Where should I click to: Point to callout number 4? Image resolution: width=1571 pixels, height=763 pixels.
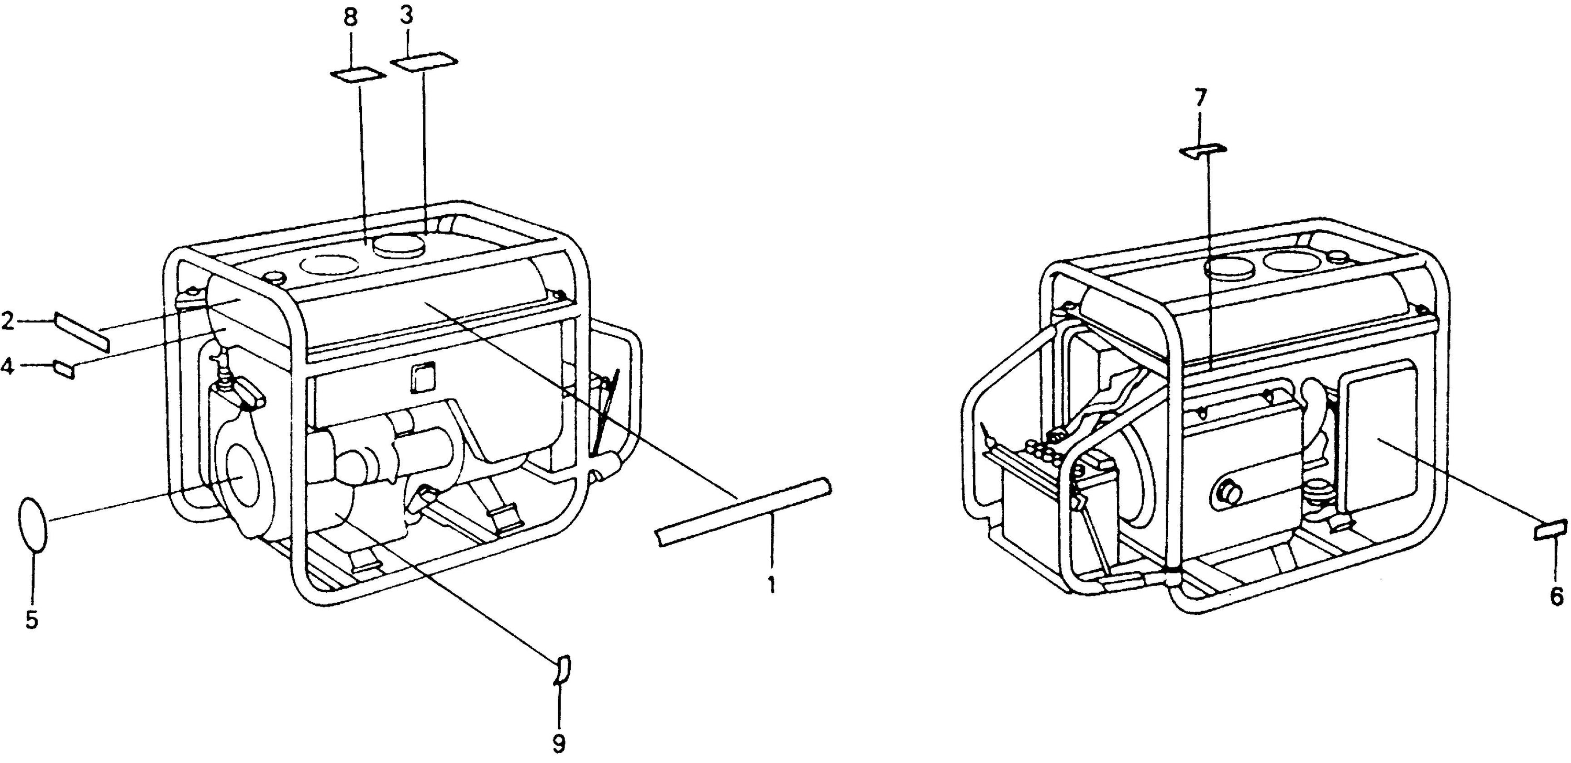tap(7, 367)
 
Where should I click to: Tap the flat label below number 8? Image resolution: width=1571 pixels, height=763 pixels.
tap(358, 75)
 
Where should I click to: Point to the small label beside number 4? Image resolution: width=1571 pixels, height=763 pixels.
tap(64, 370)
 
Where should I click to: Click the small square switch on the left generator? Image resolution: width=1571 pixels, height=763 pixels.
tap(423, 378)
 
